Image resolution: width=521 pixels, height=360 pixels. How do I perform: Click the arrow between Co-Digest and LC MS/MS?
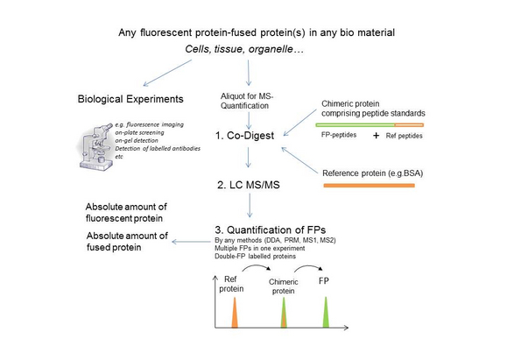250,162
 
